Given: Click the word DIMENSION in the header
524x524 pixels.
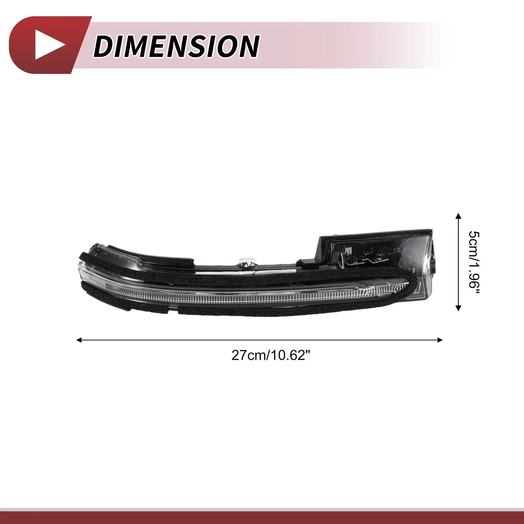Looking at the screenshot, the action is tap(176, 46).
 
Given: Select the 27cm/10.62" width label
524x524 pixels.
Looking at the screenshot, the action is tap(270, 355).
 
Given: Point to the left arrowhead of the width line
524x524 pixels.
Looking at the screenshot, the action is tap(79, 340).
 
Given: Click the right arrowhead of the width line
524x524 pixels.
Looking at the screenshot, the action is tap(440, 340).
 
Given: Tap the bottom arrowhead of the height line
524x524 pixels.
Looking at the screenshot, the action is tap(458, 308).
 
